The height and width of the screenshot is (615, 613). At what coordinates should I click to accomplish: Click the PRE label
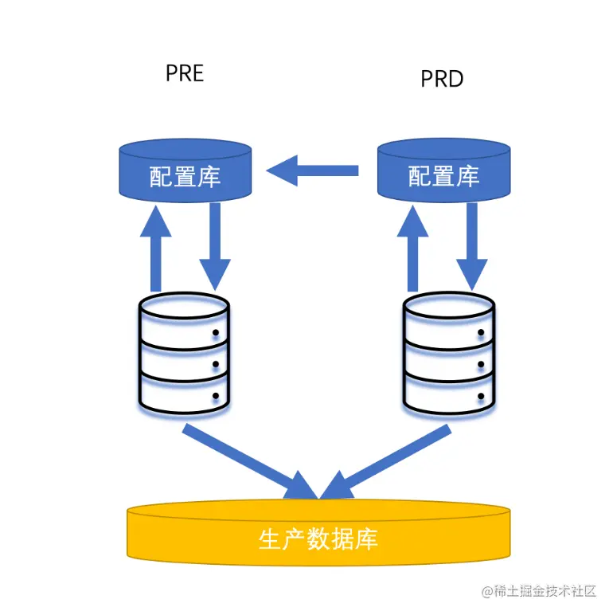click(x=185, y=73)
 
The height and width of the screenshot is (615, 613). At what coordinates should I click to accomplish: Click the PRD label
click(x=442, y=79)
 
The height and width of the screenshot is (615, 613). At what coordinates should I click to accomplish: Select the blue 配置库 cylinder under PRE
click(x=185, y=170)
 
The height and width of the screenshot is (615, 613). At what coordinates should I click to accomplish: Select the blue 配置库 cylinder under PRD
click(x=443, y=170)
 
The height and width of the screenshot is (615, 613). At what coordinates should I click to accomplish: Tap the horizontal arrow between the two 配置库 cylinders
click(x=313, y=170)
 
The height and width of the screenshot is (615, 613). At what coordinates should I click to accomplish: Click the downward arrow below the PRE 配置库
click(x=215, y=247)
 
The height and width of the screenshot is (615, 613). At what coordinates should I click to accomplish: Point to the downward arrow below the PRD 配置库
click(x=472, y=247)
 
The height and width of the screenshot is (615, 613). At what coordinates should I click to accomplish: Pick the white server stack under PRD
click(x=448, y=354)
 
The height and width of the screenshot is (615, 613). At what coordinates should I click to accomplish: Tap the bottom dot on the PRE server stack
click(x=215, y=395)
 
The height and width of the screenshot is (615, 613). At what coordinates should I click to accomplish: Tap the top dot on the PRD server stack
click(x=480, y=334)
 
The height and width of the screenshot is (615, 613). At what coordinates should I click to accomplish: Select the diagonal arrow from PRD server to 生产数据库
click(x=390, y=461)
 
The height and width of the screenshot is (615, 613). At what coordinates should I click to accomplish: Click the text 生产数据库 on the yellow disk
click(x=318, y=539)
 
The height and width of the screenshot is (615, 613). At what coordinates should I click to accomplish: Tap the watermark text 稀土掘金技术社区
click(x=545, y=591)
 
